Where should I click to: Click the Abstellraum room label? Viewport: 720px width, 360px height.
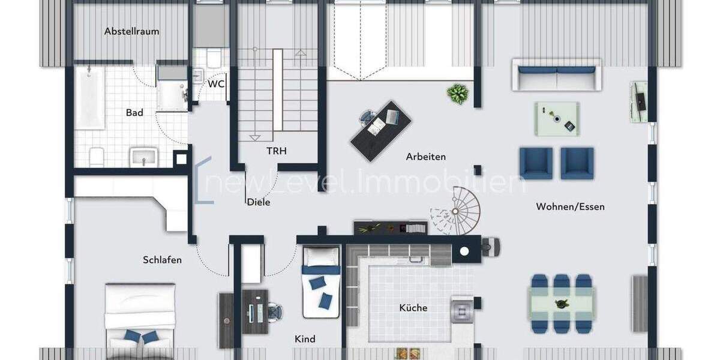(x=131, y=31)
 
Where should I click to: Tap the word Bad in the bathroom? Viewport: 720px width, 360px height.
(x=134, y=112)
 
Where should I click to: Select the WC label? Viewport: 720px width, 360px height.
(x=216, y=83)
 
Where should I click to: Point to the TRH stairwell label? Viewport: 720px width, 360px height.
(x=277, y=151)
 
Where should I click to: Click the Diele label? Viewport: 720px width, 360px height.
(x=259, y=202)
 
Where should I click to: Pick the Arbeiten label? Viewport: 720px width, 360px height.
(x=425, y=157)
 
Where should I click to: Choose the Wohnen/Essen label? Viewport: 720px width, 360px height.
(x=570, y=206)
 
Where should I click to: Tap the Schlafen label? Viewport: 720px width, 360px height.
(x=162, y=260)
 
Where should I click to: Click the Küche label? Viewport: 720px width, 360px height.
(x=413, y=308)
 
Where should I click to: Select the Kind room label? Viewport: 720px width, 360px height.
(x=305, y=339)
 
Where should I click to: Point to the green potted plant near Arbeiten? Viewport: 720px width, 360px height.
(x=458, y=94)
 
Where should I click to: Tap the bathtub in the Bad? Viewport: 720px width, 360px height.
(x=89, y=97)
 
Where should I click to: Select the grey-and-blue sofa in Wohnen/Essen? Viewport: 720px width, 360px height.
(x=556, y=74)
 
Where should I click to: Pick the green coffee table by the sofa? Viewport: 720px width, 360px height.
(x=557, y=118)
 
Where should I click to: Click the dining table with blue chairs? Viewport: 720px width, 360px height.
(x=562, y=304)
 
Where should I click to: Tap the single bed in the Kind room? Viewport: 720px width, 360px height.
(x=321, y=282)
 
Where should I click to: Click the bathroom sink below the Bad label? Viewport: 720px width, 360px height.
(x=143, y=157)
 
